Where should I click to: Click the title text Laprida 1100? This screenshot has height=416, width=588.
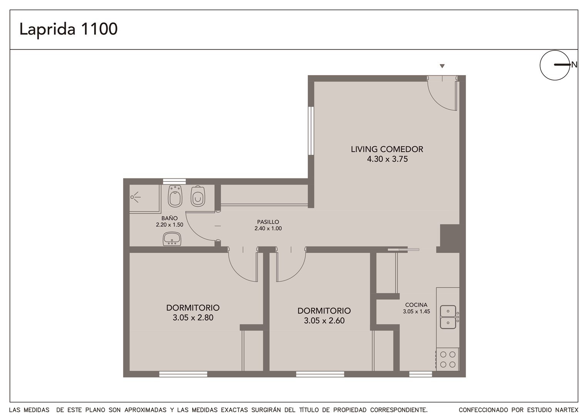point(68,29)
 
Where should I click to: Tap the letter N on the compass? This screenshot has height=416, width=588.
point(575,65)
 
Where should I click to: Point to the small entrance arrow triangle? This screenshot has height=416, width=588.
point(442,66)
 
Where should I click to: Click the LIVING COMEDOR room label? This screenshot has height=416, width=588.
point(387,149)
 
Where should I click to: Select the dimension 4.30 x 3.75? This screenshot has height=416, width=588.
point(387,159)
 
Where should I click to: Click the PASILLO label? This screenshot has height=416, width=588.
point(268,222)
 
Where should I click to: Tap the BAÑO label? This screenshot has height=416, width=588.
point(169,218)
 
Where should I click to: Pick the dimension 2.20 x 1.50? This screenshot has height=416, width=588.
point(169,225)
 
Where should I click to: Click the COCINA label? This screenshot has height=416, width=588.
point(416,305)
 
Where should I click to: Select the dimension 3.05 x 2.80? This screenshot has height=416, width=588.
point(193,317)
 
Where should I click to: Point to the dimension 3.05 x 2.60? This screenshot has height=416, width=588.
point(324,320)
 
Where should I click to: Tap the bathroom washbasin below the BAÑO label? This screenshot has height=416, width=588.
point(172,238)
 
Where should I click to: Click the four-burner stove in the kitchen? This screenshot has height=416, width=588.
point(448,359)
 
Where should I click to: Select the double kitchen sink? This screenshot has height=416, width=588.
point(448,317)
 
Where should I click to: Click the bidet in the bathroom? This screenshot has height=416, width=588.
point(175,196)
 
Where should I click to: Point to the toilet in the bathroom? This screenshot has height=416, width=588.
point(198,196)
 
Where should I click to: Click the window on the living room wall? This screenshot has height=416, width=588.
point(311,131)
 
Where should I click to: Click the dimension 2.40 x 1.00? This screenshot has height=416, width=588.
point(268,229)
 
